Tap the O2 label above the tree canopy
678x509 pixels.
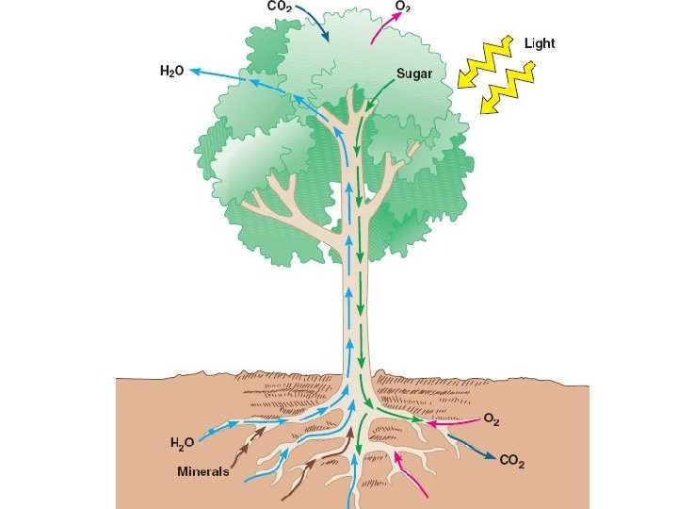point(402,7)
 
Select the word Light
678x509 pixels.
point(540,44)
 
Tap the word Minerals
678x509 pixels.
point(203,471)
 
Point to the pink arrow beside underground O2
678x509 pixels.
point(452,421)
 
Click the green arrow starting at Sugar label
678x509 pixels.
point(374,92)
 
